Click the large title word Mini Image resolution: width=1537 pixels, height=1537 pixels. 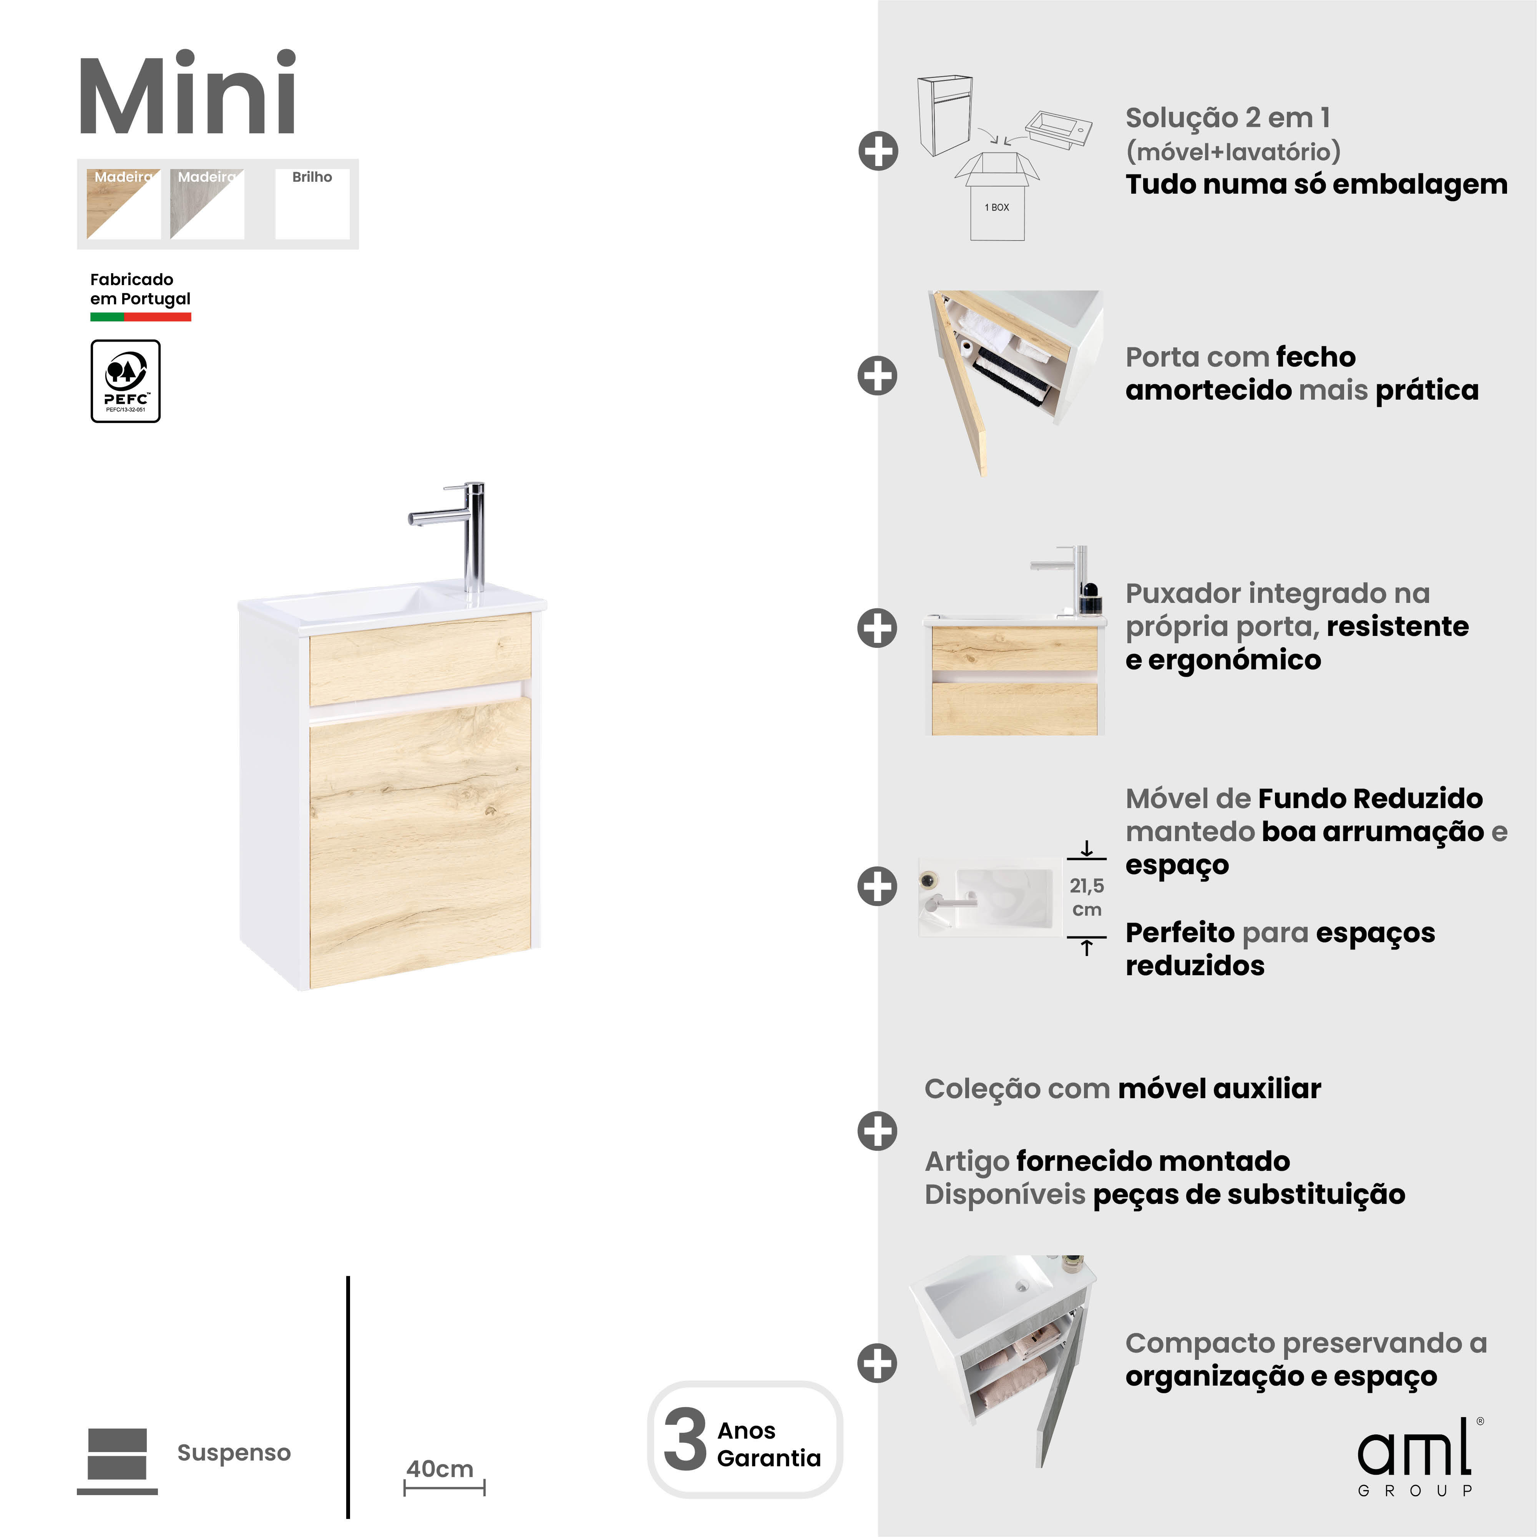(x=188, y=95)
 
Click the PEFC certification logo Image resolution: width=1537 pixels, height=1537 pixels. (x=126, y=381)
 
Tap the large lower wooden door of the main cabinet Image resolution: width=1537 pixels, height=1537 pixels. (x=420, y=843)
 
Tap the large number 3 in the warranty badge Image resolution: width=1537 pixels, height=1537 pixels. (x=685, y=1440)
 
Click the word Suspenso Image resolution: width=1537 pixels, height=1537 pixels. (x=234, y=1453)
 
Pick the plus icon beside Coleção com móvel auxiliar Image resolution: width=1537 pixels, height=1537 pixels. (x=878, y=1130)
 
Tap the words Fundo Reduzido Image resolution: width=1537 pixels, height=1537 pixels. (x=1370, y=798)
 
